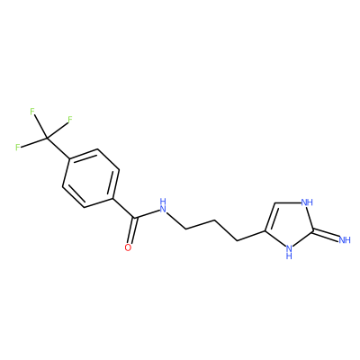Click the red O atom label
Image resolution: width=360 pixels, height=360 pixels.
click(x=128, y=247)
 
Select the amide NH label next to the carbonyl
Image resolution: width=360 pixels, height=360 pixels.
click(x=163, y=205)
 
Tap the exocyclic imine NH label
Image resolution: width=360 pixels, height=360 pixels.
click(x=345, y=239)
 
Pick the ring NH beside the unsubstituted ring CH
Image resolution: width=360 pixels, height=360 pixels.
click(x=307, y=202)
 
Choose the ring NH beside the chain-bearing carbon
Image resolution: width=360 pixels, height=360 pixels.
click(x=289, y=252)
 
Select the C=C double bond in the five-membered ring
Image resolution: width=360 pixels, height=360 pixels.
click(x=270, y=217)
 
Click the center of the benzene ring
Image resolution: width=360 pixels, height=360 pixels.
click(x=91, y=178)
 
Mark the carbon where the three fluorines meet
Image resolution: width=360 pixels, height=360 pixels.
click(x=47, y=139)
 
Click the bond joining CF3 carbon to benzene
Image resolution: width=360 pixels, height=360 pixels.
click(x=58, y=148)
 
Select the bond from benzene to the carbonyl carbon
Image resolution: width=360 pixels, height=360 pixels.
click(x=123, y=208)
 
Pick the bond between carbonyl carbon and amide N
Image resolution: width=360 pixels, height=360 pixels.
click(x=147, y=213)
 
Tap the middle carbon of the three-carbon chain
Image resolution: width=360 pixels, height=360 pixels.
click(x=214, y=221)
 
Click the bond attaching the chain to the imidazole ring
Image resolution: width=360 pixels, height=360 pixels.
click(x=251, y=236)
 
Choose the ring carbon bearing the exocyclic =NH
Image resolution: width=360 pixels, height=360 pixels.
click(x=312, y=230)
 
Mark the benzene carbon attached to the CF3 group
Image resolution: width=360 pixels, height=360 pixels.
click(x=69, y=158)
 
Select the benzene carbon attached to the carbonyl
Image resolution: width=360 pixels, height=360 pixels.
click(x=112, y=199)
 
